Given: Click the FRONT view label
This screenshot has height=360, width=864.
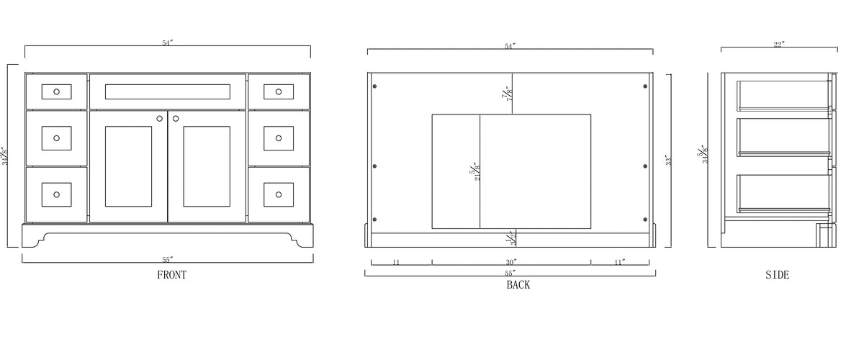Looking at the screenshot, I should (171, 274).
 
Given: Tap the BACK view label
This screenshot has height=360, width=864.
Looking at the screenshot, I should (518, 285).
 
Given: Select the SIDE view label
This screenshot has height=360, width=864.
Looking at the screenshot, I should (778, 274).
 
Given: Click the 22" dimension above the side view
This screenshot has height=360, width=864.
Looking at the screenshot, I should (779, 45).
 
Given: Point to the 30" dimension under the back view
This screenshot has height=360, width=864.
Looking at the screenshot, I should (510, 263).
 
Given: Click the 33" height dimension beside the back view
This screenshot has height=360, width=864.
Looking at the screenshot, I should (667, 160).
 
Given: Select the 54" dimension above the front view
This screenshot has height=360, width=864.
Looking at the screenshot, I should (167, 43).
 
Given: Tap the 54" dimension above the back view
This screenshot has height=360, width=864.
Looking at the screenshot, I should (510, 46).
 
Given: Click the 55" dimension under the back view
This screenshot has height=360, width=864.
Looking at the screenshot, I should (510, 274).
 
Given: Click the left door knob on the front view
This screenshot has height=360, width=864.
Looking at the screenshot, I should (160, 118).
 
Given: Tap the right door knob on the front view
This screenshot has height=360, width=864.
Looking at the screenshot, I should (176, 118).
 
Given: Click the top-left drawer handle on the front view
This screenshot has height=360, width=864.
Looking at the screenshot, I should (56, 91).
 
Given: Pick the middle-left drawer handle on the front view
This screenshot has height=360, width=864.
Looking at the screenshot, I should (56, 138).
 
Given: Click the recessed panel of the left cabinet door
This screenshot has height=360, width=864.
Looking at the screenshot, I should (128, 166).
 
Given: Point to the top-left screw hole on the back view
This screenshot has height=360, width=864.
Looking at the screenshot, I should (374, 86).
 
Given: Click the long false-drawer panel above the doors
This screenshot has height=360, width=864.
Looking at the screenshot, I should (167, 91).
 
